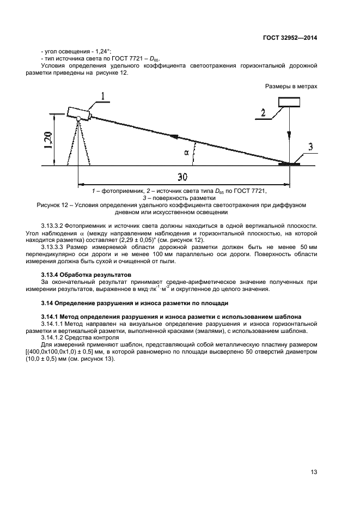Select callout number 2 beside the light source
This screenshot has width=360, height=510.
(263, 113)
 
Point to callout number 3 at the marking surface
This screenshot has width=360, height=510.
(309, 147)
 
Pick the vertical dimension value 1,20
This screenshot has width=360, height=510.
(48, 141)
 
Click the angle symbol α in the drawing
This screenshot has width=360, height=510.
(186, 153)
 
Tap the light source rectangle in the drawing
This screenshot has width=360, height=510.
(289, 102)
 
